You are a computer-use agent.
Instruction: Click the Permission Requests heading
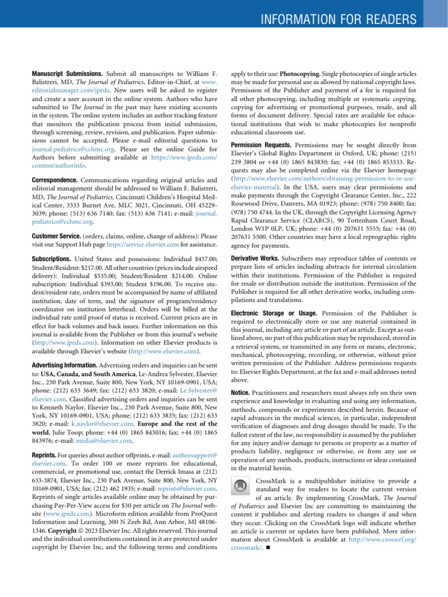click(x=261, y=144)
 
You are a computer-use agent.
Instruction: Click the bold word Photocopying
click(x=302, y=75)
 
